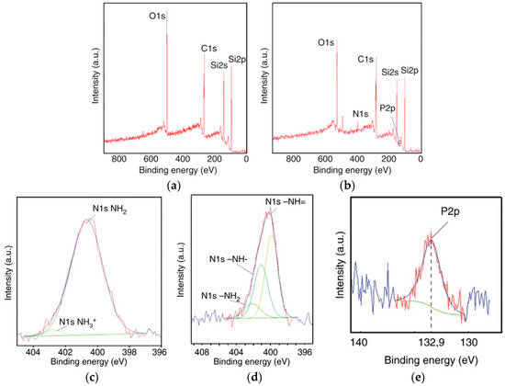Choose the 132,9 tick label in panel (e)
[431, 344]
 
